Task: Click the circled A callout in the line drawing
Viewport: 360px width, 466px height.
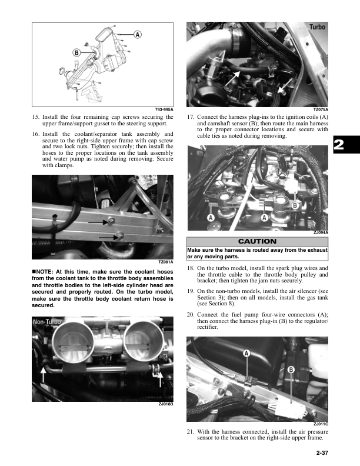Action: coord(137,35)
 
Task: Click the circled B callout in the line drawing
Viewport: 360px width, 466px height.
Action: coord(76,53)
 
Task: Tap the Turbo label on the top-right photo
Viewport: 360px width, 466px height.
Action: coord(317,27)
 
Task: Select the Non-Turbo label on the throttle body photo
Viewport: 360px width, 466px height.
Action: coord(47,322)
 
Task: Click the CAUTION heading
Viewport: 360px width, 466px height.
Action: coord(257,241)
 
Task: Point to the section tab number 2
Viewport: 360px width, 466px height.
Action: coord(339,145)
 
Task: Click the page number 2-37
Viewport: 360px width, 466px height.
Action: coord(322,453)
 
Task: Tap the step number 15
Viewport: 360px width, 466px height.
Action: coord(36,117)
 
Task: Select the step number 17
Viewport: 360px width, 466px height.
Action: coord(191,117)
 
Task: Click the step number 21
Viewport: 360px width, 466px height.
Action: coord(191,431)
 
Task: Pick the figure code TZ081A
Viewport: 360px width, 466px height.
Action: coord(166,262)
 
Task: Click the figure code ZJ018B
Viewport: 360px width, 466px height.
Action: coord(166,404)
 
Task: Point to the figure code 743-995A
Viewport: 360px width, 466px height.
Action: coord(164,109)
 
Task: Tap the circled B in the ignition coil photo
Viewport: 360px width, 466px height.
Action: coord(295,205)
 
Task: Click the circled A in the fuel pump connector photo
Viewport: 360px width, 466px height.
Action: coord(246,353)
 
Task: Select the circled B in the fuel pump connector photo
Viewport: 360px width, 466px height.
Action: coord(291,370)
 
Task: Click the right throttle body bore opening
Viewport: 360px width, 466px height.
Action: coord(143,339)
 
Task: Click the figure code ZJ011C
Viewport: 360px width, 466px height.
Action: coord(321,424)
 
